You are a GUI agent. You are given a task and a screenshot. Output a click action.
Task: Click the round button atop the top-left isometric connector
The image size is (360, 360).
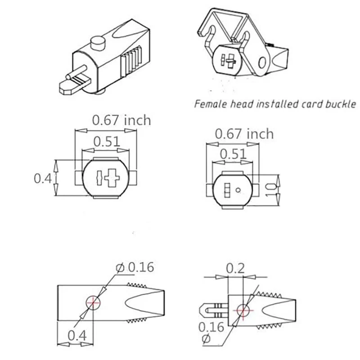[x=98, y=44]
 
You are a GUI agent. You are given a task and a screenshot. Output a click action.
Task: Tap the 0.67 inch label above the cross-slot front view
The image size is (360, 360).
[x=121, y=120]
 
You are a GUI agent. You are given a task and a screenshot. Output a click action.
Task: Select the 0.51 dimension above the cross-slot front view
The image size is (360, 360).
[x=107, y=142]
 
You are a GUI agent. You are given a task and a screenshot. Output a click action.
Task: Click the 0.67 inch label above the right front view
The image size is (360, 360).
[x=244, y=134]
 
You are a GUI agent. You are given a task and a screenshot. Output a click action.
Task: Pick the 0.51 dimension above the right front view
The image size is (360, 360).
[x=233, y=154]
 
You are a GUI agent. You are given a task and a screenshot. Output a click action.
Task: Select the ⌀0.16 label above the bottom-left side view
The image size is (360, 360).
[x=135, y=267]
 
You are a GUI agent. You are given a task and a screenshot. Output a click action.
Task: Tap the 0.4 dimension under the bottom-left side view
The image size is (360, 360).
[x=77, y=335]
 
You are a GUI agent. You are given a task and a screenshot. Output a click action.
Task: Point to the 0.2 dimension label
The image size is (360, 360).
[x=236, y=269]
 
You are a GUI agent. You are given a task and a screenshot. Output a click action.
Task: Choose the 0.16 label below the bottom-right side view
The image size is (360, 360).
[x=211, y=327]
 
